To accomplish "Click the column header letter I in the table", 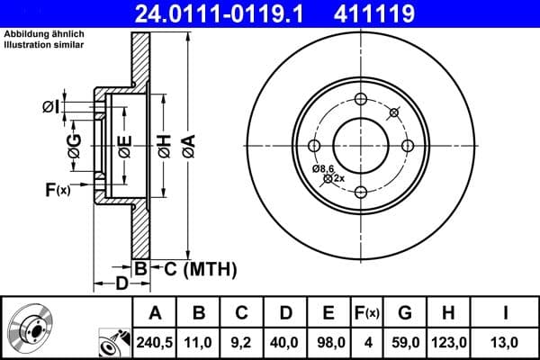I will pos(506,312).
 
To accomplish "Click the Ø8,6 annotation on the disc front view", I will pos(323,168).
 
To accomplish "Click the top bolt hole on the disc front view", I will pos(360,99).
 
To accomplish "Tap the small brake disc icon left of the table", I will pos(27,328).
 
